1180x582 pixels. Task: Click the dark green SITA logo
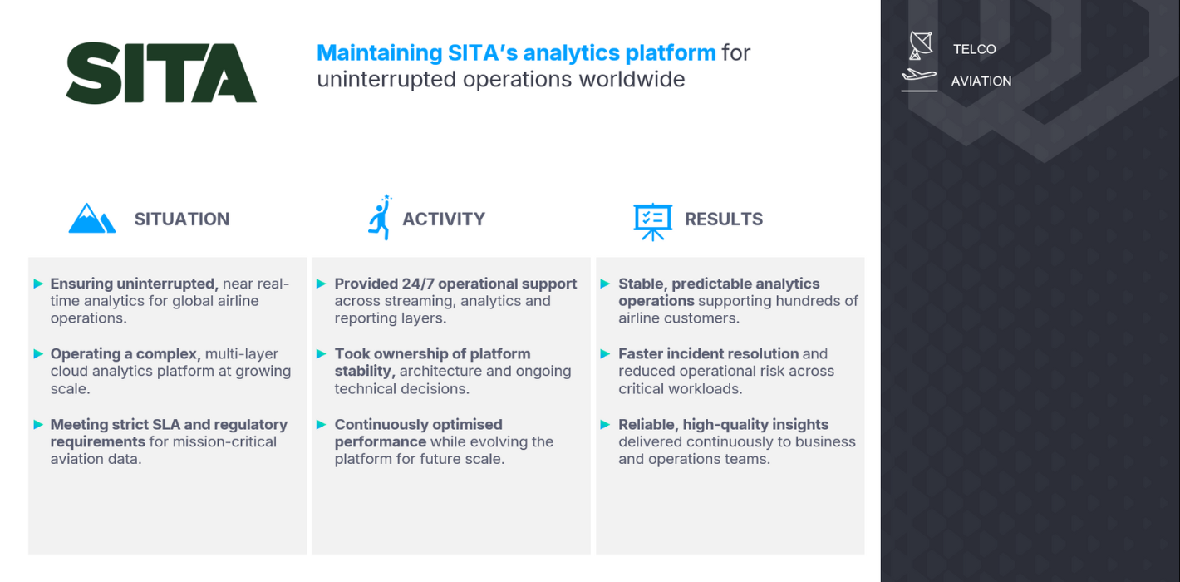tap(161, 73)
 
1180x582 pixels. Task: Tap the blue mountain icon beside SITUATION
tap(91, 218)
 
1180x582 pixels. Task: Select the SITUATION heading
tap(182, 219)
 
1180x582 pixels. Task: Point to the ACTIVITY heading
tap(444, 219)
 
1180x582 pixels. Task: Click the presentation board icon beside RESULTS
tap(652, 222)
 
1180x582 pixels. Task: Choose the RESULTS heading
tap(724, 219)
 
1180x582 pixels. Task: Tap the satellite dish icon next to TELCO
tap(920, 46)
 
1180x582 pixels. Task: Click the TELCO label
tap(975, 49)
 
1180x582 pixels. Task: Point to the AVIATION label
tap(981, 81)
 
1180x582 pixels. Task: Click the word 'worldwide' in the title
tap(632, 80)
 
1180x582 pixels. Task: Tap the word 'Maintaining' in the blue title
tap(379, 52)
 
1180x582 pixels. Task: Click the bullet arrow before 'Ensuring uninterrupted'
tap(38, 284)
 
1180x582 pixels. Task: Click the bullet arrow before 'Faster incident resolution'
tap(605, 353)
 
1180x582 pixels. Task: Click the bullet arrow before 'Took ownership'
tap(322, 353)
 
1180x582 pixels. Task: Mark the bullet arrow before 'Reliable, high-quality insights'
tap(605, 424)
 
